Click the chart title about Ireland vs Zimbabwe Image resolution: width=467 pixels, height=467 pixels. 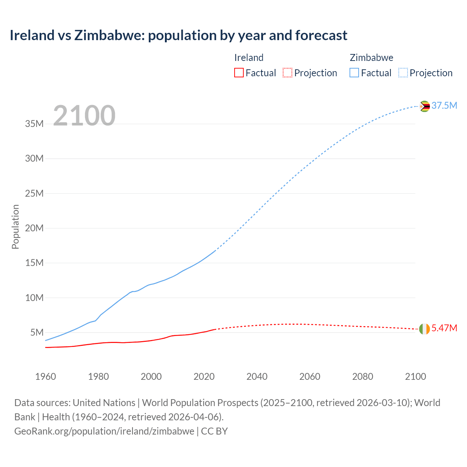coord(178,35)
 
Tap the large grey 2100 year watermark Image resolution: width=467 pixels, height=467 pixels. coord(84,116)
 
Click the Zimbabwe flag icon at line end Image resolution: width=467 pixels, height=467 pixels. coord(424,106)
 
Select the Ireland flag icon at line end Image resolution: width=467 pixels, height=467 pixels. coord(424,329)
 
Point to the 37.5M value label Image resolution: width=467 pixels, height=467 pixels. coord(444,106)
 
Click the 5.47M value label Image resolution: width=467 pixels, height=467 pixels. coord(444,328)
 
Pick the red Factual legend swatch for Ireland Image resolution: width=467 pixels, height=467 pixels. coord(239,73)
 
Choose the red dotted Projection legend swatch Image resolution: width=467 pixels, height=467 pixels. coord(287,73)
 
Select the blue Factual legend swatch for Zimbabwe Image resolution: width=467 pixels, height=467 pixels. coord(354,73)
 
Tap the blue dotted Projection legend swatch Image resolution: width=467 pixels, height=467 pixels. coord(403,73)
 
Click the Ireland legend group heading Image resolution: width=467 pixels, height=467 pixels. coord(248,58)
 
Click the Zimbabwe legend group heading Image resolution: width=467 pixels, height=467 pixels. coord(371,58)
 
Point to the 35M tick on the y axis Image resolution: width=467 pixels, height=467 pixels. coord(34,124)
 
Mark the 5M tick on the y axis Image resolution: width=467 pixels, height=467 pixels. coord(37,332)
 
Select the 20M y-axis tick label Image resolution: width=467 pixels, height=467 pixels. coord(34,228)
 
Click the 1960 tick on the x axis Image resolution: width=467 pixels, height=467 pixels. coord(46,377)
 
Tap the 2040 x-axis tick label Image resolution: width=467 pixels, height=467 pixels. coord(257,377)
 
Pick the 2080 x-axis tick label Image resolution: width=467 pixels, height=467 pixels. coord(363,377)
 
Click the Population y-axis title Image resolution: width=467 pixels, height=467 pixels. coord(15,227)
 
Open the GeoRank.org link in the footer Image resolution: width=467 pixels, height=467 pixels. coord(104,431)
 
